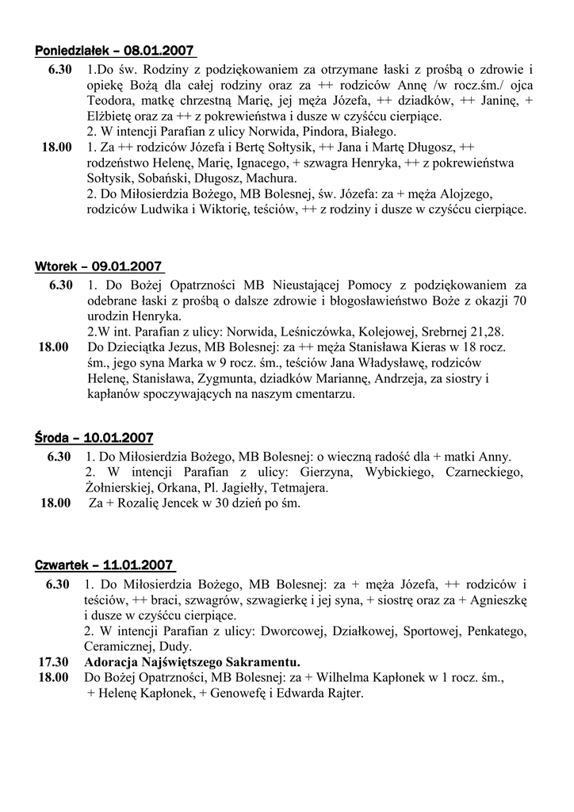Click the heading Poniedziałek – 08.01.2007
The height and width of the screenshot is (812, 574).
point(115,52)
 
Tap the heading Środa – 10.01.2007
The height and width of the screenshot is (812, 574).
point(94,438)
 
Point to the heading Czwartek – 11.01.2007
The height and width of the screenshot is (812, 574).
point(104,565)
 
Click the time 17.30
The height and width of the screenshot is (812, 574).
point(54,662)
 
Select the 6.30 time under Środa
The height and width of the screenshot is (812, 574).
point(59,457)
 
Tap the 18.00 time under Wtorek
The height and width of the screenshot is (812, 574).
point(54,347)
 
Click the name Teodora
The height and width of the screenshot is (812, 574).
point(110,101)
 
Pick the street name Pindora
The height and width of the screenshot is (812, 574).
point(321,132)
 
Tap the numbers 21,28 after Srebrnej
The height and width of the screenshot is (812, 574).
point(484,331)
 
